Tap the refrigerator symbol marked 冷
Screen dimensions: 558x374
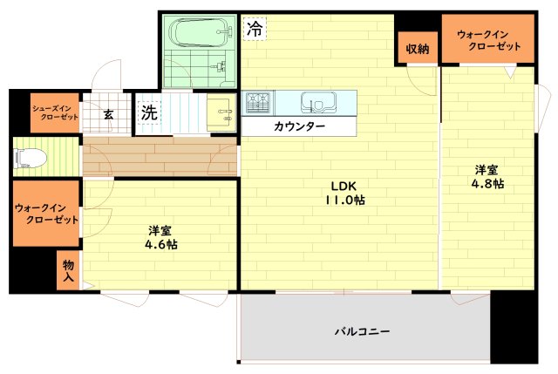(x=255, y=29)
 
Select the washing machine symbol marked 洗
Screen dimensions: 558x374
(x=149, y=112)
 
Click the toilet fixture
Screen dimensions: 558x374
(x=30, y=158)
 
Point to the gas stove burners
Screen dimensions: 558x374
(x=258, y=103)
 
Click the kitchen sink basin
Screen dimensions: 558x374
(x=318, y=102)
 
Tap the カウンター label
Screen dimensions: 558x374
(x=299, y=126)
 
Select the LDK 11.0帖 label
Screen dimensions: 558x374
(x=344, y=193)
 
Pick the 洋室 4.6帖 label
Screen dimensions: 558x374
(x=160, y=238)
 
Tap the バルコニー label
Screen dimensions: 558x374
(x=362, y=331)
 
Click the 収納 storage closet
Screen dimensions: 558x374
(x=418, y=48)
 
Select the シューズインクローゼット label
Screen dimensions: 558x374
(x=54, y=112)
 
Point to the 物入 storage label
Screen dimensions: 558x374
(x=68, y=270)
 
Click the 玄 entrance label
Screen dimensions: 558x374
(x=108, y=114)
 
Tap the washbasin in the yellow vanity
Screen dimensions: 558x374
(x=221, y=112)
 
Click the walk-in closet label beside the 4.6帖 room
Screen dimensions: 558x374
(x=46, y=214)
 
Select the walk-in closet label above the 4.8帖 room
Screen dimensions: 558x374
(x=488, y=40)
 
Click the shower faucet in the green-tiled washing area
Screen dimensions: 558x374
(x=219, y=66)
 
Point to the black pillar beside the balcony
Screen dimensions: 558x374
(x=514, y=327)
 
